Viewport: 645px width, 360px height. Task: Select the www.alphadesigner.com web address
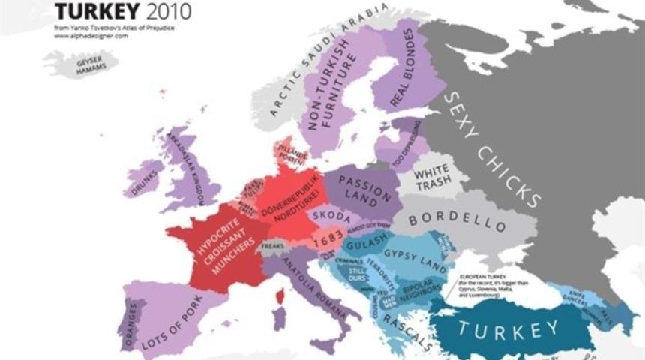pyautogui.click(x=91, y=36)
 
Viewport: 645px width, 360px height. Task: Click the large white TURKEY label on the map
pyautogui.click(x=509, y=329)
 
